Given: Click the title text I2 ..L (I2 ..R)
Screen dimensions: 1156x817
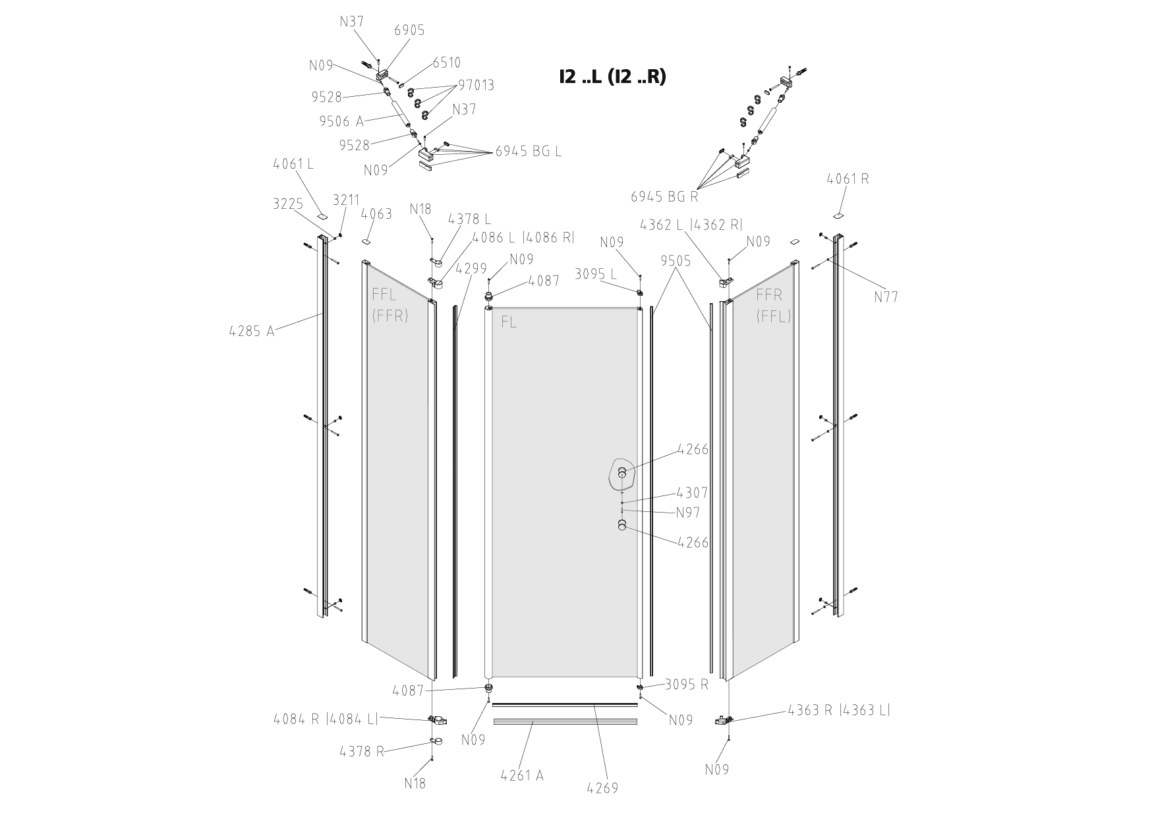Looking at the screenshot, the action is click(x=612, y=76).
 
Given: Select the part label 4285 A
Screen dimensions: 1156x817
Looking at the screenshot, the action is click(x=252, y=331).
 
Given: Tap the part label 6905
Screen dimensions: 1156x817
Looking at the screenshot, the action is click(x=409, y=30).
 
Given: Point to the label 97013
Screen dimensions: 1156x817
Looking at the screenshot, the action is click(x=477, y=85).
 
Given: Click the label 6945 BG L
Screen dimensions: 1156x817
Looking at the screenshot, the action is click(x=529, y=151).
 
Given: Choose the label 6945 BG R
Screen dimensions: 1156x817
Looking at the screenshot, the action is click(x=664, y=196).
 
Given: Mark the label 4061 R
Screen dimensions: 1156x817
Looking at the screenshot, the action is click(x=848, y=179).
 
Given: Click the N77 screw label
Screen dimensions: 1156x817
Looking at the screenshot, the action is click(x=886, y=297).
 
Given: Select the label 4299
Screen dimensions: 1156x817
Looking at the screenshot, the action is click(x=472, y=269).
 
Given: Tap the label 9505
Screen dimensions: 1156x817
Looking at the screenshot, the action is click(x=676, y=261).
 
